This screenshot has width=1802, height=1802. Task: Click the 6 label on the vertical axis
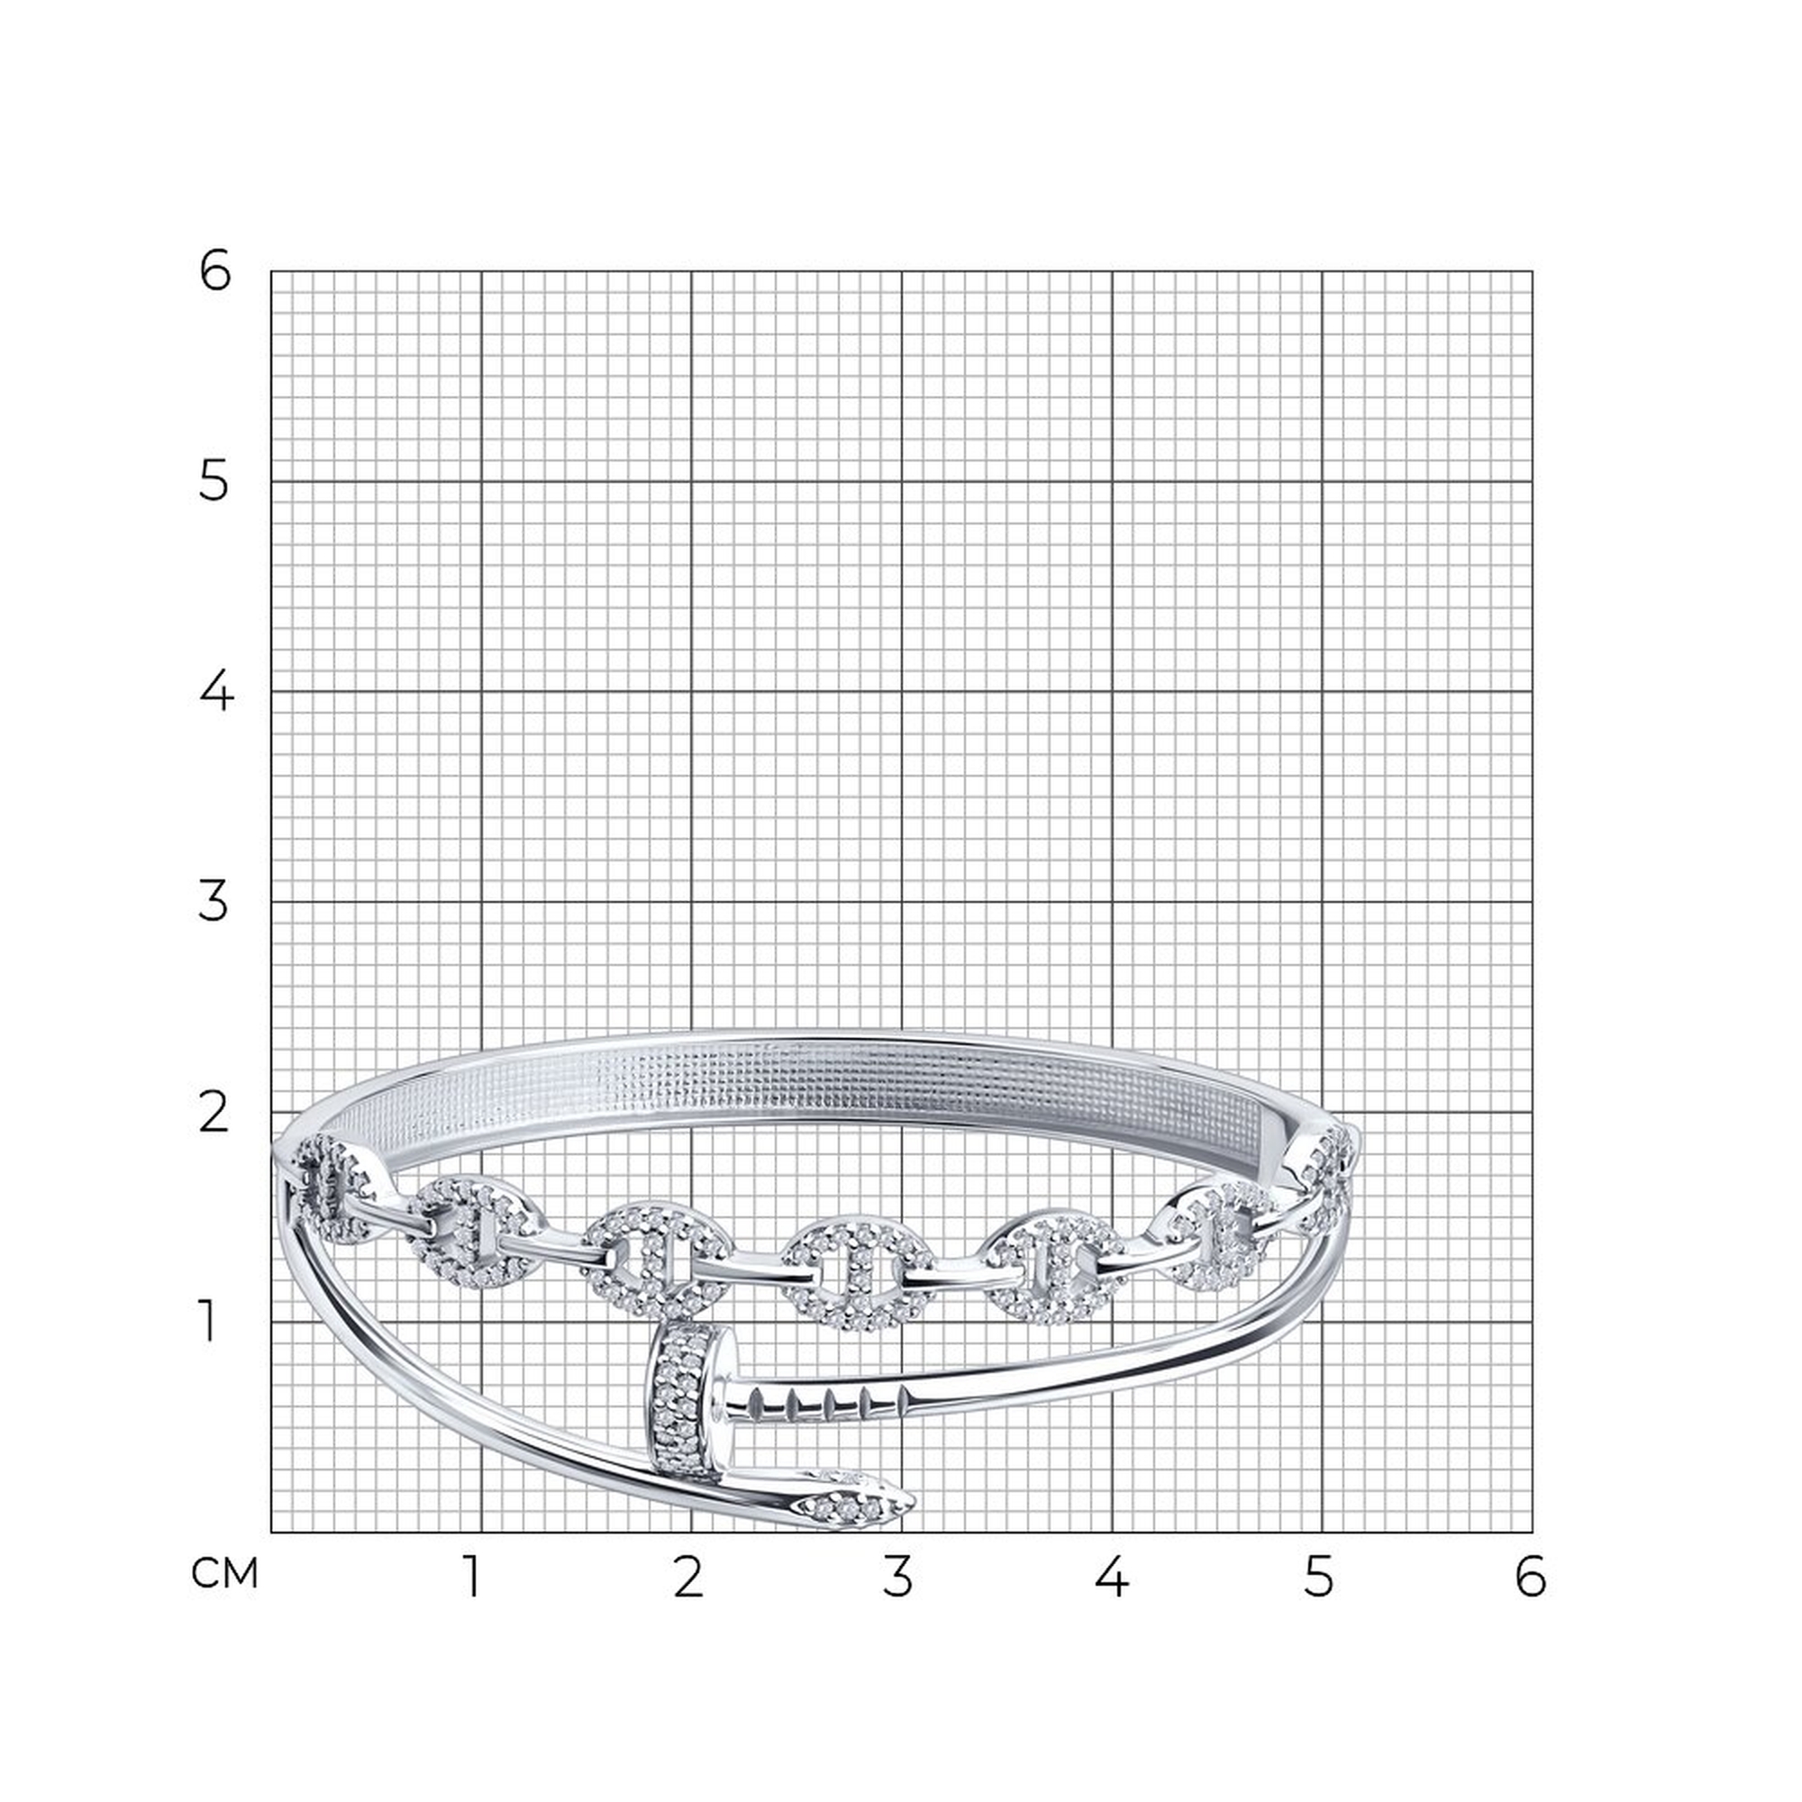click(214, 272)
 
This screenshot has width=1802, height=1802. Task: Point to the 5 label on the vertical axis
click(214, 482)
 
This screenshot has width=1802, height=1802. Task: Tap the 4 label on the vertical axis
click(215, 692)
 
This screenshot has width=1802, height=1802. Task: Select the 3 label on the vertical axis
click(214, 902)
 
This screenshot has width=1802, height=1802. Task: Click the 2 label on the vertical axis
click(214, 1113)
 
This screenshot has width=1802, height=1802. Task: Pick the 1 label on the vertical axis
click(209, 1323)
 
